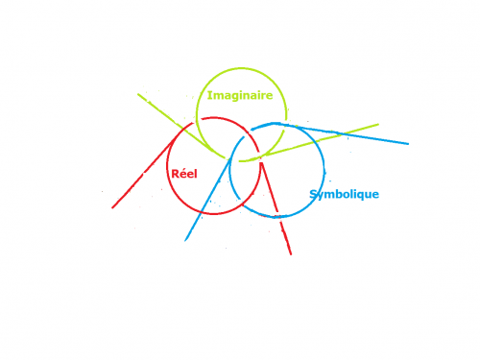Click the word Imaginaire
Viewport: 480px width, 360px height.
[x=240, y=96]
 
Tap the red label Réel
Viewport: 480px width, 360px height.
[x=184, y=174]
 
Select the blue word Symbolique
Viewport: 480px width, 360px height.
[x=345, y=194]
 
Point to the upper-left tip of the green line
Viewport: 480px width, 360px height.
[x=138, y=94]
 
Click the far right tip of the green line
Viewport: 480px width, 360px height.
[x=378, y=125]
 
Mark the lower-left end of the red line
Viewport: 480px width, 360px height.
[x=112, y=208]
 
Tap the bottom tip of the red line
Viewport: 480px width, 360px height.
[x=291, y=254]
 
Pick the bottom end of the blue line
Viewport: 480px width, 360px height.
[x=185, y=240]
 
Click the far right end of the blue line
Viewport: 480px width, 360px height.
[x=408, y=144]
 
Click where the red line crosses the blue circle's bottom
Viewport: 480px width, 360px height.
[x=278, y=217]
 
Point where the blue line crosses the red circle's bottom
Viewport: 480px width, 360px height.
[x=201, y=211]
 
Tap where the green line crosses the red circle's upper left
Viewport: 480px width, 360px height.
[x=182, y=129]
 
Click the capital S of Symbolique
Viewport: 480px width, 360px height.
[x=313, y=194]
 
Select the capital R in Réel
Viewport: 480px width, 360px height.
[x=176, y=174]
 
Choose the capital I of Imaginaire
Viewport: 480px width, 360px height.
[x=209, y=95]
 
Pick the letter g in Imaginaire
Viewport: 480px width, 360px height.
[x=235, y=97]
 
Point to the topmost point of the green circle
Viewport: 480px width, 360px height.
[x=241, y=68]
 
